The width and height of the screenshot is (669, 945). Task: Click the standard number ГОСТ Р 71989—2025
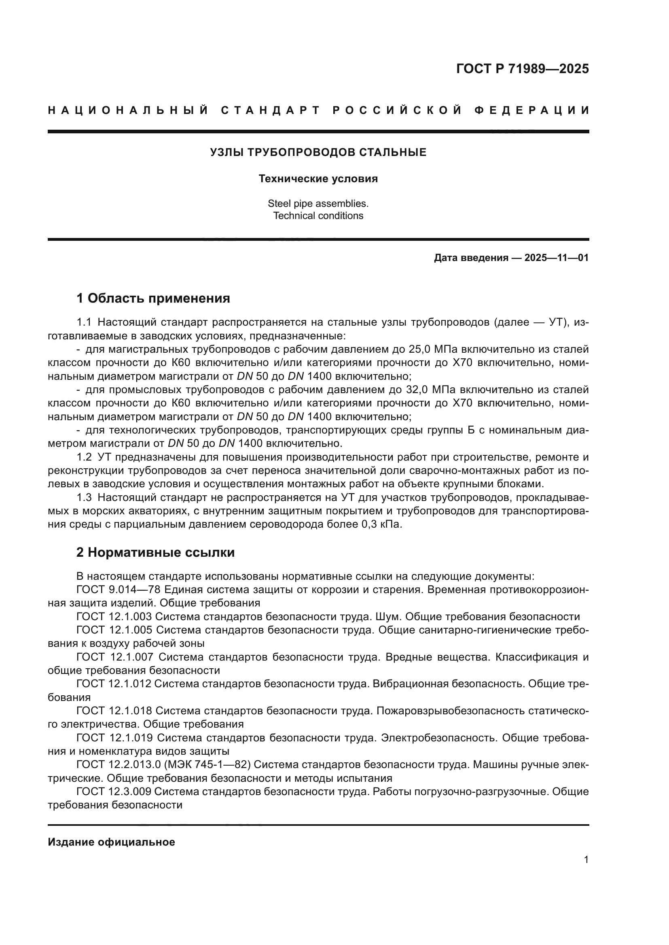(x=522, y=69)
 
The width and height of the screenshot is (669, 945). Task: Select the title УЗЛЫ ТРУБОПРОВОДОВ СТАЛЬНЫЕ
(x=318, y=153)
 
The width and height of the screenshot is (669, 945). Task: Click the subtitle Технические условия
(x=318, y=179)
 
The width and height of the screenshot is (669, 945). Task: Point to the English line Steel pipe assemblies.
(x=318, y=203)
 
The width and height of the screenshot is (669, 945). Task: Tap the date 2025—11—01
(x=556, y=258)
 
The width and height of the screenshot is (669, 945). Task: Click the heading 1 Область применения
(x=153, y=298)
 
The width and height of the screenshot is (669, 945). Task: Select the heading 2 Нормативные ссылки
(x=155, y=552)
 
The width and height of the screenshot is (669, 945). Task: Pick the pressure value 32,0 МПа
(x=431, y=390)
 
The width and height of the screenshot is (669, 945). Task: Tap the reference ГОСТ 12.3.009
(x=114, y=791)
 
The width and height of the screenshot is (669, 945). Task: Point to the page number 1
(x=586, y=860)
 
